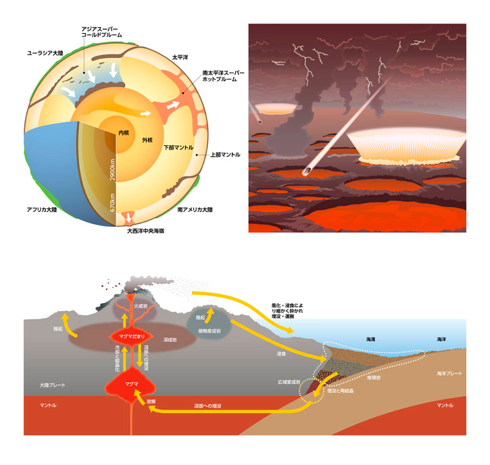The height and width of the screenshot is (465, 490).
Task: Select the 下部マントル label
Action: pyautogui.click(x=178, y=146)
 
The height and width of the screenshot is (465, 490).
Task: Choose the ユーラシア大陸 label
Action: pyautogui.click(x=49, y=51)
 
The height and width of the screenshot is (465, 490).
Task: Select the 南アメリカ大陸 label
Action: pyautogui.click(x=195, y=210)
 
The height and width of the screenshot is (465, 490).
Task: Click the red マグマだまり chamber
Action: pyautogui.click(x=128, y=335)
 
